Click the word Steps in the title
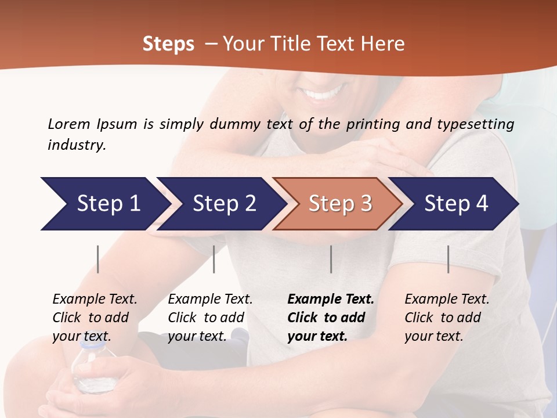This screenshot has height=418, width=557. (x=168, y=44)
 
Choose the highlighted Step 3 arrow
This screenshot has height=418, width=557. (x=339, y=204)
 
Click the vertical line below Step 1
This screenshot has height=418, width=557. (x=97, y=259)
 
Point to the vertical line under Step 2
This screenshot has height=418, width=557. (x=214, y=259)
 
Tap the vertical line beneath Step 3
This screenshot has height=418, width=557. (x=331, y=259)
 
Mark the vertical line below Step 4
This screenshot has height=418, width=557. (x=448, y=259)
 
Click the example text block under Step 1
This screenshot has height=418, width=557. (x=95, y=318)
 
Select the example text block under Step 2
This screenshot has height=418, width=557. (x=210, y=318)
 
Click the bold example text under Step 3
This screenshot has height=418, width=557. (x=331, y=318)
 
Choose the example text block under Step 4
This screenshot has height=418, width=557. (x=447, y=318)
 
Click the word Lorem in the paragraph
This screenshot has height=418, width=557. (x=69, y=124)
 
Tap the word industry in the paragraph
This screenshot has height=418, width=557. (x=76, y=145)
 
